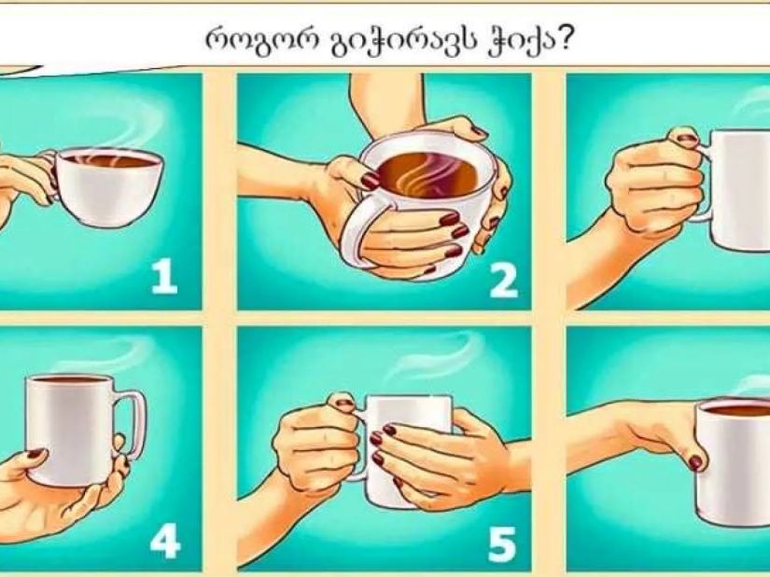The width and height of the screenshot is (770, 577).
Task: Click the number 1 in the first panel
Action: point(164,277)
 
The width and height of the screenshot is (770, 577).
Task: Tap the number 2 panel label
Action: point(504,281)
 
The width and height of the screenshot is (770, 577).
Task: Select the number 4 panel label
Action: point(165,543)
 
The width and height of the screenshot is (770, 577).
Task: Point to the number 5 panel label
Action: point(502,544)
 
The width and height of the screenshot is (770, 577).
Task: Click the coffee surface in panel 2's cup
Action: point(427,176)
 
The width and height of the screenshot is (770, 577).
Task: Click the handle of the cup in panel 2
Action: point(358,230)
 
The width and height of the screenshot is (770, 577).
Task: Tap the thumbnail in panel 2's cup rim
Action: point(371,181)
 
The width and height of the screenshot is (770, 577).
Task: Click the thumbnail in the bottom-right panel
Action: point(694,462)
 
